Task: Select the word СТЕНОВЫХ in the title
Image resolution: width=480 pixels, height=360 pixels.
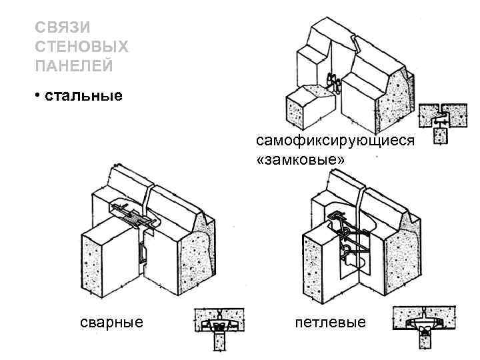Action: coord(81,47)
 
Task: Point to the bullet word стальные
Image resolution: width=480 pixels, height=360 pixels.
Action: coord(83,95)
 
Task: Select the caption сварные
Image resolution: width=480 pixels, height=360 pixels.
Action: coord(111,323)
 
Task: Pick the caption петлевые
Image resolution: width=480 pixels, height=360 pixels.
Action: coord(331,323)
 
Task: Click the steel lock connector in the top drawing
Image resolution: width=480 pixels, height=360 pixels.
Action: coord(333,83)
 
